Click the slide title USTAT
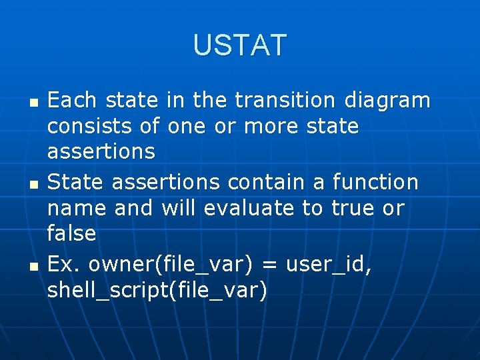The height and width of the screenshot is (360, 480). tap(240, 45)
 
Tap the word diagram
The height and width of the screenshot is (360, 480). tap(387, 101)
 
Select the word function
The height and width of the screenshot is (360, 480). tap(375, 181)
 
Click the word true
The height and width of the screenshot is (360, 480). tap(351, 208)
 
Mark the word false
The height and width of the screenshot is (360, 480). tap(72, 233)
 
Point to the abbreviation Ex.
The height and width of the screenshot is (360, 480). tap(64, 264)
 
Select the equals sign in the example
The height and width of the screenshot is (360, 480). tap(269, 265)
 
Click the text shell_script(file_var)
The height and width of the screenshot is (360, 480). tap(157, 291)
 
